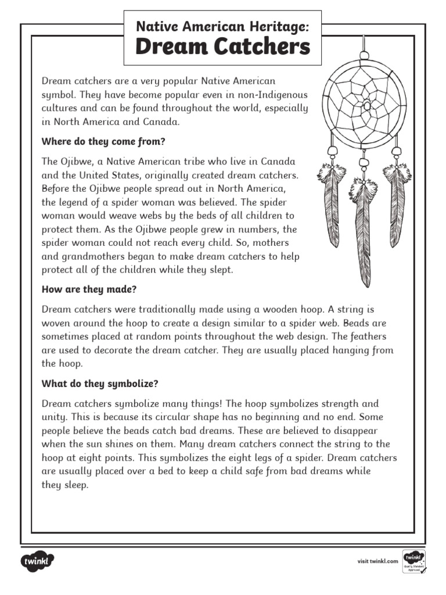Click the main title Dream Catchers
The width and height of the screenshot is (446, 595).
tap(222, 48)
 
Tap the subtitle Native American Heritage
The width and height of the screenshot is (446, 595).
tap(222, 26)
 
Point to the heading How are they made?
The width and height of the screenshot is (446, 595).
tap(89, 289)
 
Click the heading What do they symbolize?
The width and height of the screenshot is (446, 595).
tap(100, 383)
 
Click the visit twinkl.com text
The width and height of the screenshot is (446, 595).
tap(377, 561)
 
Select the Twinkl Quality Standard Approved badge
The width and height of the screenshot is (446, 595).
tap(413, 562)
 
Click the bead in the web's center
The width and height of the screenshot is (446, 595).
tap(366, 106)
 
